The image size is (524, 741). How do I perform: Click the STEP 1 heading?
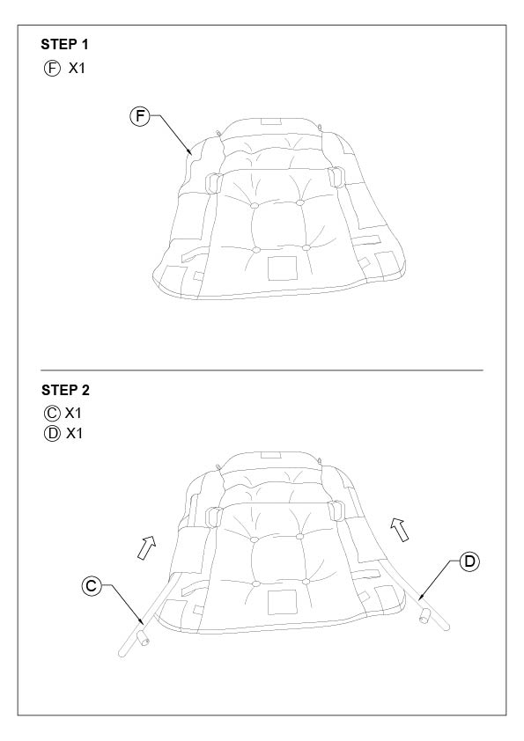pos(64,44)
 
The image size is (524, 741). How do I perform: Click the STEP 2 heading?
pos(65,391)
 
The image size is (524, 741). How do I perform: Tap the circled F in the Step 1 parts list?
pos(52,69)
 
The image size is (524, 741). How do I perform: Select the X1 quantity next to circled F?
pos(77,69)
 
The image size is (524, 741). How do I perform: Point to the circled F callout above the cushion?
pos(139,116)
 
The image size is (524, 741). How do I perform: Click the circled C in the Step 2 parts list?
pos(52,414)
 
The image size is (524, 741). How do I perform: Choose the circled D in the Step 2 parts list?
pos(52,433)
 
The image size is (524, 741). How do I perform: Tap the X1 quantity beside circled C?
pos(73,414)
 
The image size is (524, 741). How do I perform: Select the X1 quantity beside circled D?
pos(74,433)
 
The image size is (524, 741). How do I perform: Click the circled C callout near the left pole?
pos(92,586)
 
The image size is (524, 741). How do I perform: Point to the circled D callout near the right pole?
pos(469,561)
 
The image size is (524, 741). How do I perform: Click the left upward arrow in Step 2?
pos(146,547)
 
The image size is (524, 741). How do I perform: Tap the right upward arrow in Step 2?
pos(400,529)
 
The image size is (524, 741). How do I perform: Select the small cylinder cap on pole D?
pos(424,616)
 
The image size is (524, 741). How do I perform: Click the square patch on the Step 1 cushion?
pos(283,268)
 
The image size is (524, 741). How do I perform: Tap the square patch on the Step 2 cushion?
pos(283,602)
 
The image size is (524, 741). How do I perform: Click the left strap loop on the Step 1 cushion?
pos(213,183)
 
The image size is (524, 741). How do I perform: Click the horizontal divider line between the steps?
pos(262,370)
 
